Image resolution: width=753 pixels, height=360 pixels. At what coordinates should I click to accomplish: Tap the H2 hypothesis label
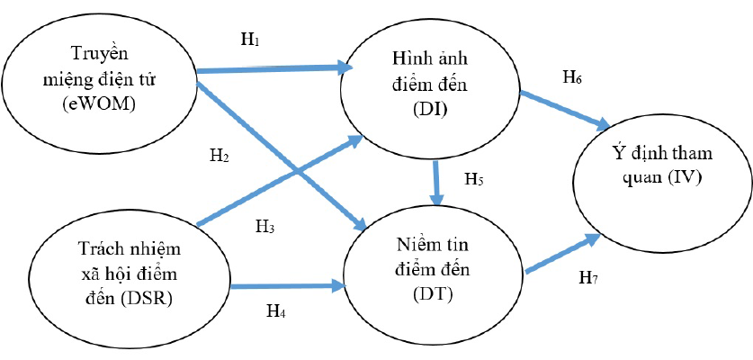(x=218, y=155)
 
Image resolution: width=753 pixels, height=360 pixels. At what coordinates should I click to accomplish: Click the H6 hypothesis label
(x=572, y=78)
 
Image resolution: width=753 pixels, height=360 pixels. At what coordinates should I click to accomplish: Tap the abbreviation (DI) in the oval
(x=435, y=111)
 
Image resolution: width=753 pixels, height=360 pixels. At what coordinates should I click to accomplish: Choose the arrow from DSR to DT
(x=288, y=287)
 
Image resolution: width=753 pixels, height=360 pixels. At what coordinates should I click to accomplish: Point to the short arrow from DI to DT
(x=436, y=183)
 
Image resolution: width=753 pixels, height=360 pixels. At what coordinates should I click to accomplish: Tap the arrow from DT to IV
(x=562, y=253)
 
